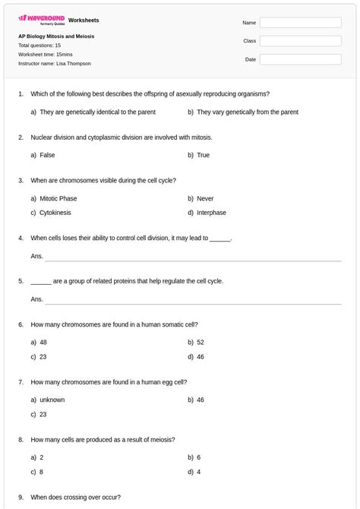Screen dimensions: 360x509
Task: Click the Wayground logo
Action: click(41, 19)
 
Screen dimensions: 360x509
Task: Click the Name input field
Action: click(300, 22)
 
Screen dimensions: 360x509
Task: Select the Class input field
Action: click(300, 40)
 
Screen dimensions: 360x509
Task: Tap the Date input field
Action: click(300, 58)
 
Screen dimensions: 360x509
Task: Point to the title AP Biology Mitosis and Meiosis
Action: click(56, 36)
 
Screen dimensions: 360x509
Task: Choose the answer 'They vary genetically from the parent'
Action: click(247, 112)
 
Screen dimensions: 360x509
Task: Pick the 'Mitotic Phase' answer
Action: click(58, 198)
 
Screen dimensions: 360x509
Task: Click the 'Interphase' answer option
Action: click(211, 213)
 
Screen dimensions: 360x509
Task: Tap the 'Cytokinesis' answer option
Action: click(55, 213)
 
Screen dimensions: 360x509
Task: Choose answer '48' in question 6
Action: click(43, 342)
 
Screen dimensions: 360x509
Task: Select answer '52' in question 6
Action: click(201, 342)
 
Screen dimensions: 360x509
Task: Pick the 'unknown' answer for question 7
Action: click(52, 400)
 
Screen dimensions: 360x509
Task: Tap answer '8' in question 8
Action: click(42, 472)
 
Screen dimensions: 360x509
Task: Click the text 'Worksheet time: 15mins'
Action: click(46, 55)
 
